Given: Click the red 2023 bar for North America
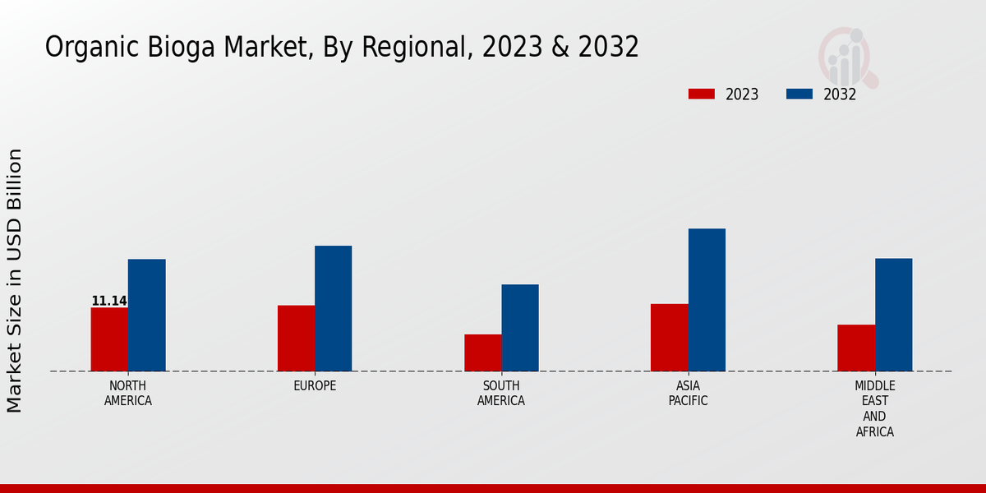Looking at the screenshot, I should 109,339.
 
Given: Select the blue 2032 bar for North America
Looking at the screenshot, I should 146,315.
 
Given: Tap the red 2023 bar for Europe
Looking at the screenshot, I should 296,338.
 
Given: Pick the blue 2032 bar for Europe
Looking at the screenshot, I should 333,308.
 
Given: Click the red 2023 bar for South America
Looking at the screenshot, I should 482,352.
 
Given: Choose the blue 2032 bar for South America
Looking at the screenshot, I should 520,328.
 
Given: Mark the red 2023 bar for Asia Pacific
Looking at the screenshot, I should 669,337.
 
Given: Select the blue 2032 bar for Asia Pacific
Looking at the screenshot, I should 707,300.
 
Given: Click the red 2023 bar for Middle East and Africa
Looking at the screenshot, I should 856,348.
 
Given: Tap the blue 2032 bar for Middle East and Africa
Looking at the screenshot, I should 893,315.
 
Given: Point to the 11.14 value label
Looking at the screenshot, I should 108,302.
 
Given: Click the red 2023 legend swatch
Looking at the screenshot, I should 701,94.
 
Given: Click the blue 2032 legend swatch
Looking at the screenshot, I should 799,94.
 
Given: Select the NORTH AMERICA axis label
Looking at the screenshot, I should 128,394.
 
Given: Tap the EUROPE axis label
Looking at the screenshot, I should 315,386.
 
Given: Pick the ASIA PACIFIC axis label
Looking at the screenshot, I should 688,394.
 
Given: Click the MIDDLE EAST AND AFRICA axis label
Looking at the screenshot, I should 874,408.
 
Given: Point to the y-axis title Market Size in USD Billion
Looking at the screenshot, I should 15,279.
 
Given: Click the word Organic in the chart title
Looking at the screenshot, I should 82,48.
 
